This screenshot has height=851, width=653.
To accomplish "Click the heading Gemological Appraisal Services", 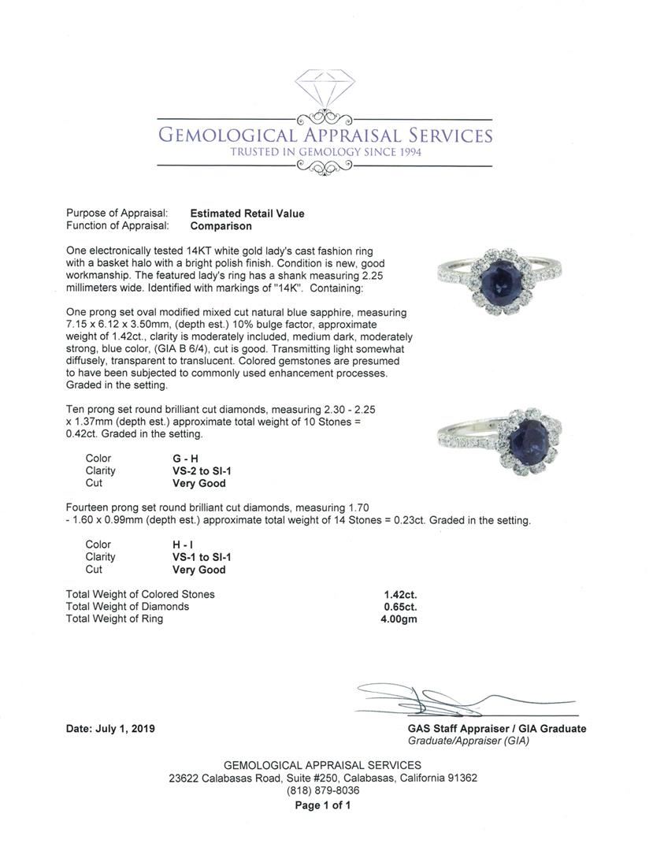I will (325, 135).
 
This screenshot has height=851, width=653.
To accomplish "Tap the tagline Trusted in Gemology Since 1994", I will (325, 151).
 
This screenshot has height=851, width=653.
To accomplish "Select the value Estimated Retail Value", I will (247, 214).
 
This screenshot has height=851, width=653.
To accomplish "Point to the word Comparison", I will (221, 226).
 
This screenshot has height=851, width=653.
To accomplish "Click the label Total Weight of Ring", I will (115, 619).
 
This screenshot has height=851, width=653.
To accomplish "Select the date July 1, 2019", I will (110, 729).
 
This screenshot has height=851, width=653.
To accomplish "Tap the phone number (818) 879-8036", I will (322, 791).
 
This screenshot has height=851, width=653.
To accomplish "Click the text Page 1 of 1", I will (322, 805).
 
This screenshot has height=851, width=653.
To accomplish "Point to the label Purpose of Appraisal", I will (117, 214).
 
